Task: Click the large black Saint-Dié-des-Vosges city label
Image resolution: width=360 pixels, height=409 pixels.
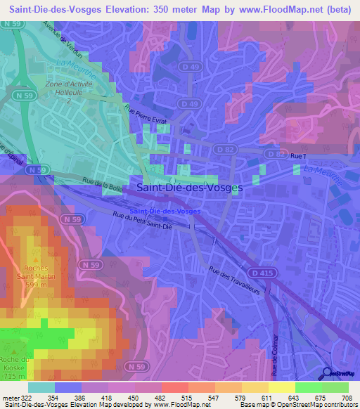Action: (x=189, y=188)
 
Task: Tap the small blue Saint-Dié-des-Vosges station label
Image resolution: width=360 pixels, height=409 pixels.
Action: (x=165, y=211)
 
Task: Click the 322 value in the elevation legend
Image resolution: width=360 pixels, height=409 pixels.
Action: (x=26, y=398)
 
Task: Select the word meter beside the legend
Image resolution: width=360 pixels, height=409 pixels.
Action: (x=8, y=398)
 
